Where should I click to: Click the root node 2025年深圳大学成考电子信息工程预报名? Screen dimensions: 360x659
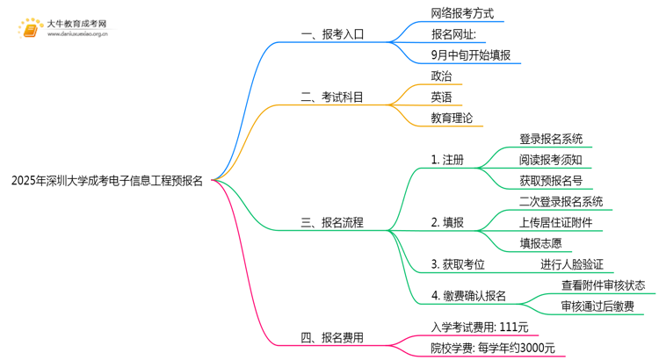coord(106,182)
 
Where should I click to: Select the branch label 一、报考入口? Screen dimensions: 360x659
coord(332,35)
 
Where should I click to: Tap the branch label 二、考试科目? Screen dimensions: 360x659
coord(332,97)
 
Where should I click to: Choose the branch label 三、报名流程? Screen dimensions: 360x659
coord(332,223)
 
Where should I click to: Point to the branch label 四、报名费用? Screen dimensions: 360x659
coord(332,337)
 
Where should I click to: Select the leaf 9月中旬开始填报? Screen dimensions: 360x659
coord(470,55)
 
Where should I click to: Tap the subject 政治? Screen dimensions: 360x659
coord(442,76)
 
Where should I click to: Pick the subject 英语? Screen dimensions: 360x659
coord(442,97)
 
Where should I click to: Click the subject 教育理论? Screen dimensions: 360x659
coord(452,118)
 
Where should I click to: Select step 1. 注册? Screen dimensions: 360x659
coord(447,160)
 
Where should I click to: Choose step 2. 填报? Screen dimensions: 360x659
coord(447,222)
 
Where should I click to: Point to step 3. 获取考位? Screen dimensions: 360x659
coord(458,264)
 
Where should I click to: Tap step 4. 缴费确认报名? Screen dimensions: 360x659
coord(468,295)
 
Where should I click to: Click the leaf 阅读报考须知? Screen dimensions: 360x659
coord(550,160)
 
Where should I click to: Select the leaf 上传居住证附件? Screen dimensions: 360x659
coord(555,222)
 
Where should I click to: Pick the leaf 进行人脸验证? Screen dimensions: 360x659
coord(571,264)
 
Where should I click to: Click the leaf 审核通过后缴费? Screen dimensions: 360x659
coord(602,306)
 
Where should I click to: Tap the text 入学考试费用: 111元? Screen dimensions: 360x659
coord(480,327)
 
